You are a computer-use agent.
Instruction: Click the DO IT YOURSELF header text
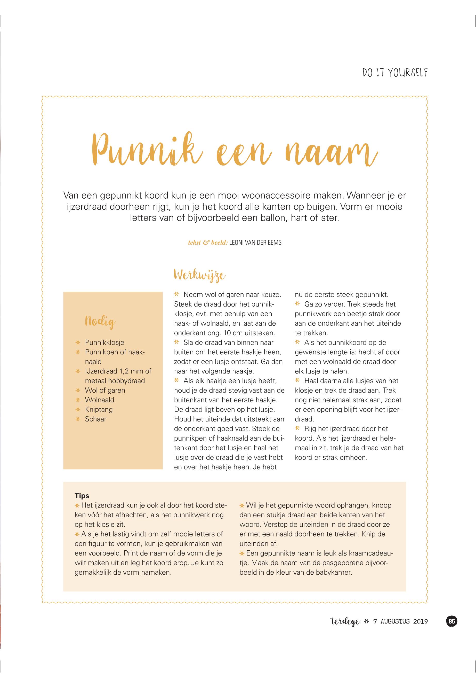point(395,73)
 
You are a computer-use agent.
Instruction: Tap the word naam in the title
point(331,153)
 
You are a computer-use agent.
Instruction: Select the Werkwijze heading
point(199,275)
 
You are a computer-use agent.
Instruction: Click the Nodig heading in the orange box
point(100,322)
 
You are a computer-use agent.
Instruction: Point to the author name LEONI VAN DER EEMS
point(255,243)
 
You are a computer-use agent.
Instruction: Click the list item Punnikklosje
point(104,342)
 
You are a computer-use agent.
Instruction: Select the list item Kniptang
point(99,409)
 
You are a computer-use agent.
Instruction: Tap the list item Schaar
point(95,419)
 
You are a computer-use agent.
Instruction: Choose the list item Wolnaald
point(99,400)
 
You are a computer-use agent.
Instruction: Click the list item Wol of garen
point(105,390)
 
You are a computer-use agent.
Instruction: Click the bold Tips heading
point(82,496)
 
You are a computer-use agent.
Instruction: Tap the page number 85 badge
point(451,621)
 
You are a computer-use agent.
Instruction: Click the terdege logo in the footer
point(345,622)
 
